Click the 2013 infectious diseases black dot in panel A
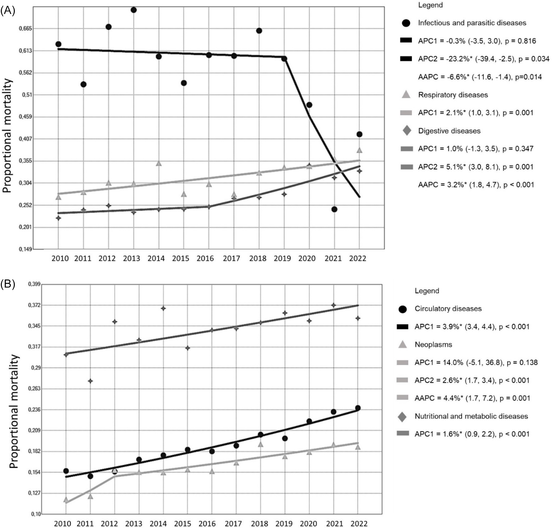(134, 10)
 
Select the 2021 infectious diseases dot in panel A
(334, 209)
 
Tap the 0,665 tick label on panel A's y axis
(25, 29)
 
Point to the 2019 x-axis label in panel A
(282, 258)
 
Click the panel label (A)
(8, 10)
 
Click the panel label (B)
(8, 284)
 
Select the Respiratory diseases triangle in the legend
(406, 95)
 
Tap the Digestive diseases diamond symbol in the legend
(407, 131)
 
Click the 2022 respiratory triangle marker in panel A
(359, 150)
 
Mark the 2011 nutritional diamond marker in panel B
(90, 381)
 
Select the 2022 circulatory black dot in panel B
(358, 408)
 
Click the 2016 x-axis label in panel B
(207, 524)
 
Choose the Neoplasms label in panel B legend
(433, 344)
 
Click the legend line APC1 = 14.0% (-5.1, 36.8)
(476, 363)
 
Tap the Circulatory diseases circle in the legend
(403, 309)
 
